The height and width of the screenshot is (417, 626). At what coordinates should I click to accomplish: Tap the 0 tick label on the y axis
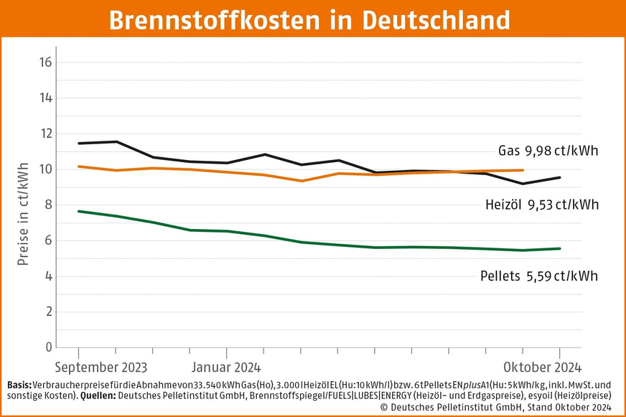(48, 347)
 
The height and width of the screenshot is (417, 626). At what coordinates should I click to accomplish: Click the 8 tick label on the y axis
(48, 205)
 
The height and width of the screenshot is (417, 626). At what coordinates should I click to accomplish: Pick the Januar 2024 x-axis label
(227, 367)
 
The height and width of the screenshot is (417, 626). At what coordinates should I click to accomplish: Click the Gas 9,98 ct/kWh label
(548, 151)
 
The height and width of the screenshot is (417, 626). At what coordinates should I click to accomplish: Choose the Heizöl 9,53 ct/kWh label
(541, 205)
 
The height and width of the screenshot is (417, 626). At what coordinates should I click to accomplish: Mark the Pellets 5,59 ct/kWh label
(538, 276)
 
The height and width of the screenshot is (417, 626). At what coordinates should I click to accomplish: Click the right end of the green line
(560, 248)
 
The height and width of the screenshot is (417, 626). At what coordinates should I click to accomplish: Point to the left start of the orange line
(78, 167)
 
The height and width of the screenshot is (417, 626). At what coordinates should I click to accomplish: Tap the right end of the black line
(560, 177)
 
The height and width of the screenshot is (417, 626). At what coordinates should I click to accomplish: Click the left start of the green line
(78, 211)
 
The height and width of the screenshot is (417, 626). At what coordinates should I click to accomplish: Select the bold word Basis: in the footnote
(17, 384)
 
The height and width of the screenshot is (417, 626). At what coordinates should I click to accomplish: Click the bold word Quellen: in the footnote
(103, 395)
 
